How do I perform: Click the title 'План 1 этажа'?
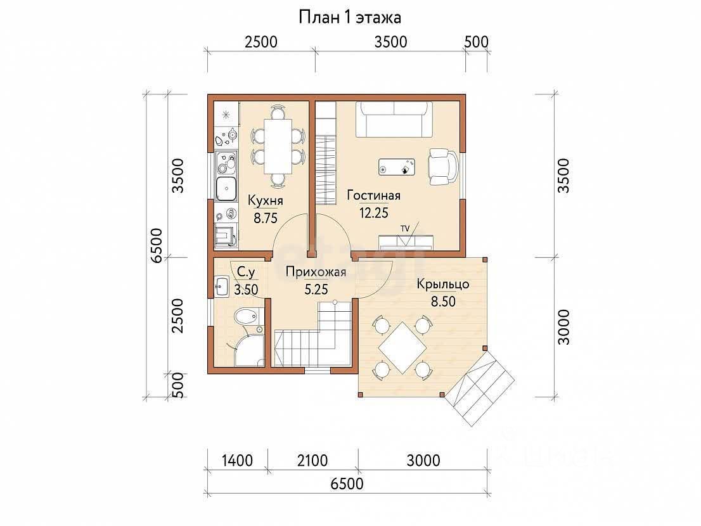point(350,18)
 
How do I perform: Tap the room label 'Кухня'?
point(266,200)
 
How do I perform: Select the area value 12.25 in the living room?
point(374,213)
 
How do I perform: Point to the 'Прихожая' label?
point(316,272)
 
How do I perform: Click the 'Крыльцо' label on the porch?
point(443,284)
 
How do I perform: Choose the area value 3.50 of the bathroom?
point(247,290)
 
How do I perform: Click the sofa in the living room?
point(394,119)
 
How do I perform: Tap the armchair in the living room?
point(443,166)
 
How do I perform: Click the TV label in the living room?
point(405,229)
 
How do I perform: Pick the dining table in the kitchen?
point(278,146)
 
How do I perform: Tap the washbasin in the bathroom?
point(222,286)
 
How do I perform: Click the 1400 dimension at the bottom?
point(237,460)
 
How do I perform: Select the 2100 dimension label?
point(312,460)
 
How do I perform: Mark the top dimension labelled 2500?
point(261,42)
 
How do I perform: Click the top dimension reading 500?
point(476,42)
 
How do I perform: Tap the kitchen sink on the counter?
point(226,189)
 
